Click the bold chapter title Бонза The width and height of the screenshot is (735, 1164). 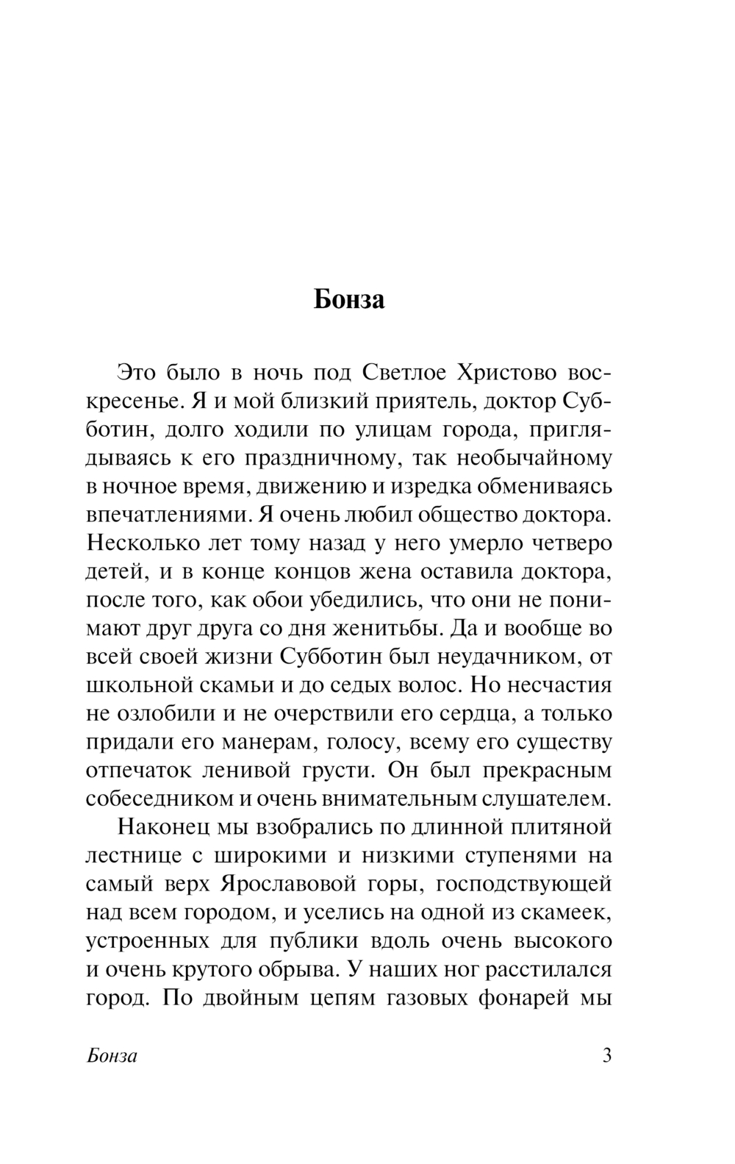(x=349, y=300)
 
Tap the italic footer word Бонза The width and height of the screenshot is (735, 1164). (x=112, y=1057)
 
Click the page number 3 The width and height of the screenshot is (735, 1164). (x=606, y=1056)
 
